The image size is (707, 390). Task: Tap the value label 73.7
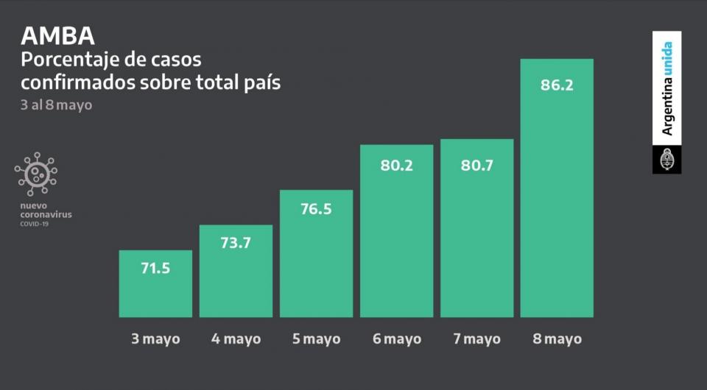pos(236,243)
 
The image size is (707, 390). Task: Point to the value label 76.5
pos(316,208)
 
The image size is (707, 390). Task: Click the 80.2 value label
pos(396,165)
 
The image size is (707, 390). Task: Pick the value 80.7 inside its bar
pos(476,165)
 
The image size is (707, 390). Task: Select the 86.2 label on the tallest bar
pos(557,84)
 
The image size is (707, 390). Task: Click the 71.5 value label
pos(155,268)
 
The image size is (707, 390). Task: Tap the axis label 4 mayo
pos(236,338)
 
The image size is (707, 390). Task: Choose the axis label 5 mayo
pos(316,338)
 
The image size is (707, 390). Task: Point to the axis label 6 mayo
pos(396,338)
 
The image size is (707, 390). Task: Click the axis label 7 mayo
pos(476,338)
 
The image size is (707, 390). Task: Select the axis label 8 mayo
pos(557,338)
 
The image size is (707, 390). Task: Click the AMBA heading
pos(57,35)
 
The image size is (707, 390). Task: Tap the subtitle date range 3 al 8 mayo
pos(57,104)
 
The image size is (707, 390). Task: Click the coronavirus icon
pos(35,174)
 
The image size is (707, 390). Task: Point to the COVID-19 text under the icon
pos(35,223)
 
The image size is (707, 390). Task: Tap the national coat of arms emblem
pos(666,159)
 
